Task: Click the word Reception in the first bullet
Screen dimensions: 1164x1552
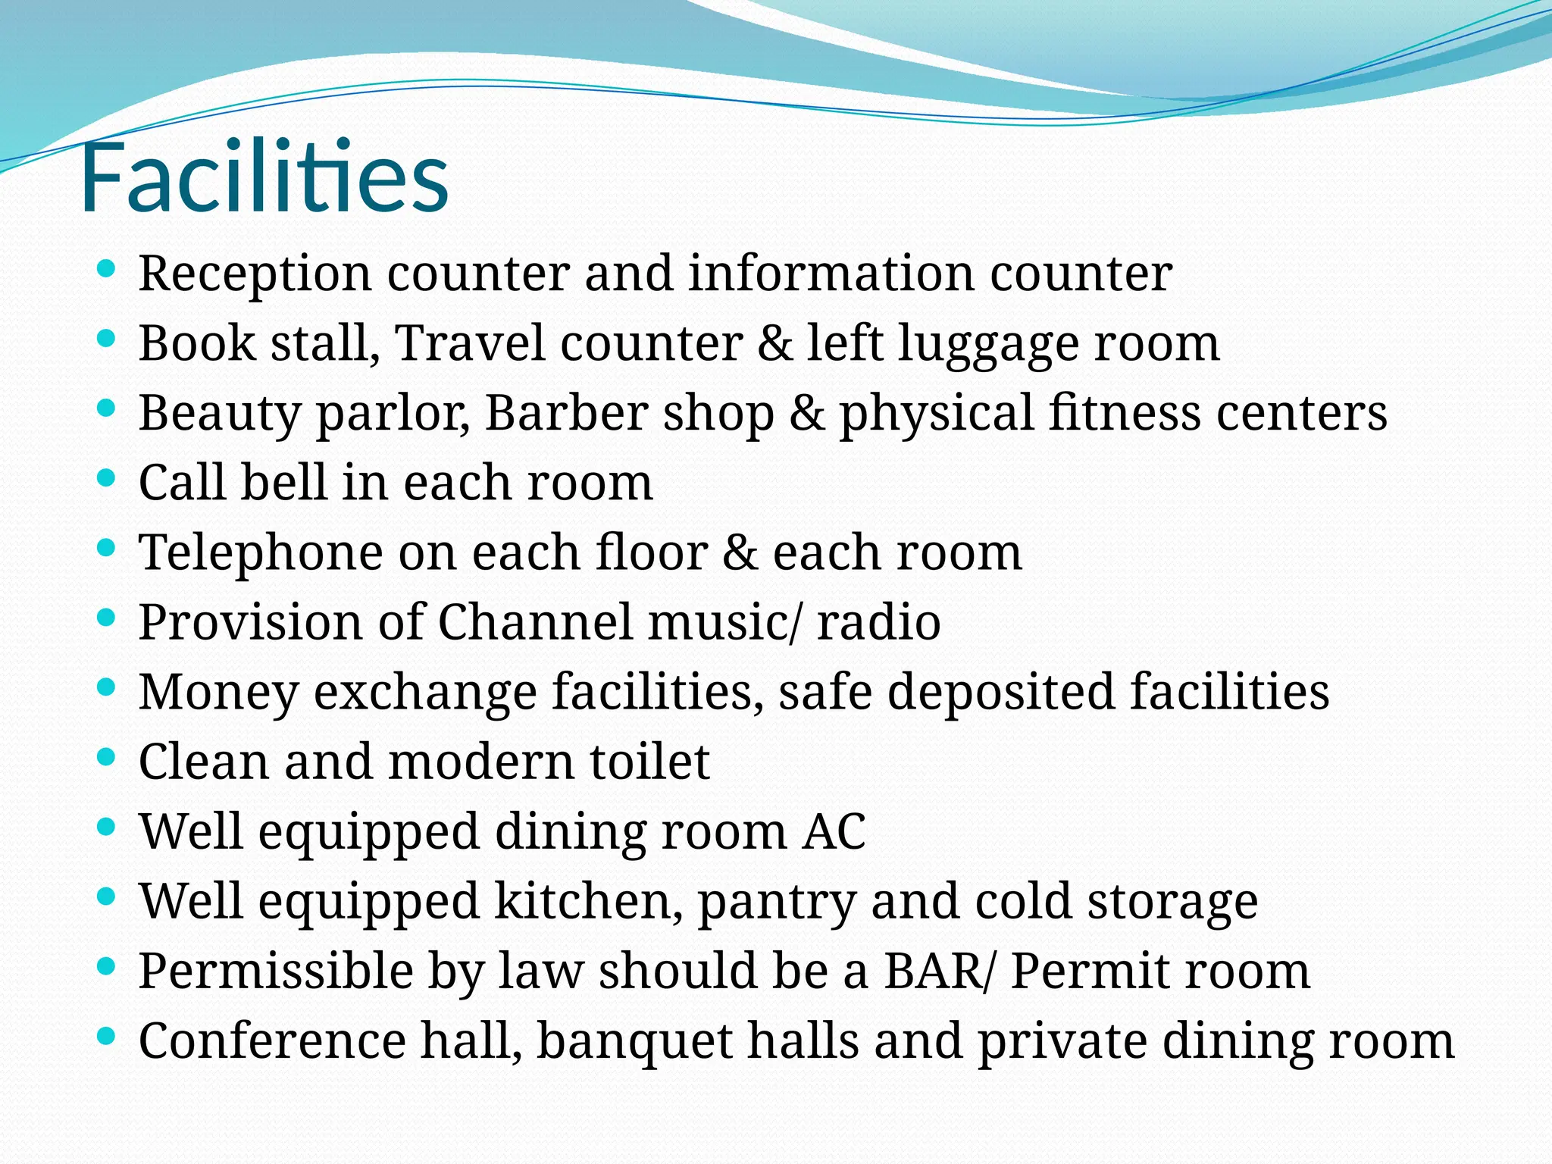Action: [x=255, y=274]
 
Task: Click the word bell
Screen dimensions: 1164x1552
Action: [x=283, y=483]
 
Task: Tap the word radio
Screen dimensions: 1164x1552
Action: [x=878, y=623]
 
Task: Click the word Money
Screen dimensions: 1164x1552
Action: [x=218, y=693]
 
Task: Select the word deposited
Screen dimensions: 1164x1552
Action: [x=1001, y=693]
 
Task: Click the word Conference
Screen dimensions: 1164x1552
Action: [x=272, y=1041]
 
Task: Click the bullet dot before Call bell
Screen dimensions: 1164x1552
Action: [x=107, y=478]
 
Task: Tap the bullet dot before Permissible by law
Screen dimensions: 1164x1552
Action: [x=107, y=966]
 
